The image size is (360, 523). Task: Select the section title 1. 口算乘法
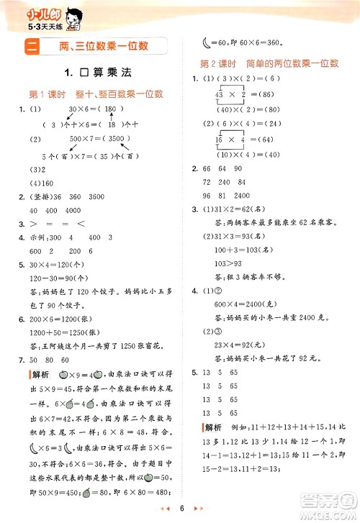(97, 72)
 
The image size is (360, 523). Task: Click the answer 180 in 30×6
(109, 109)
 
